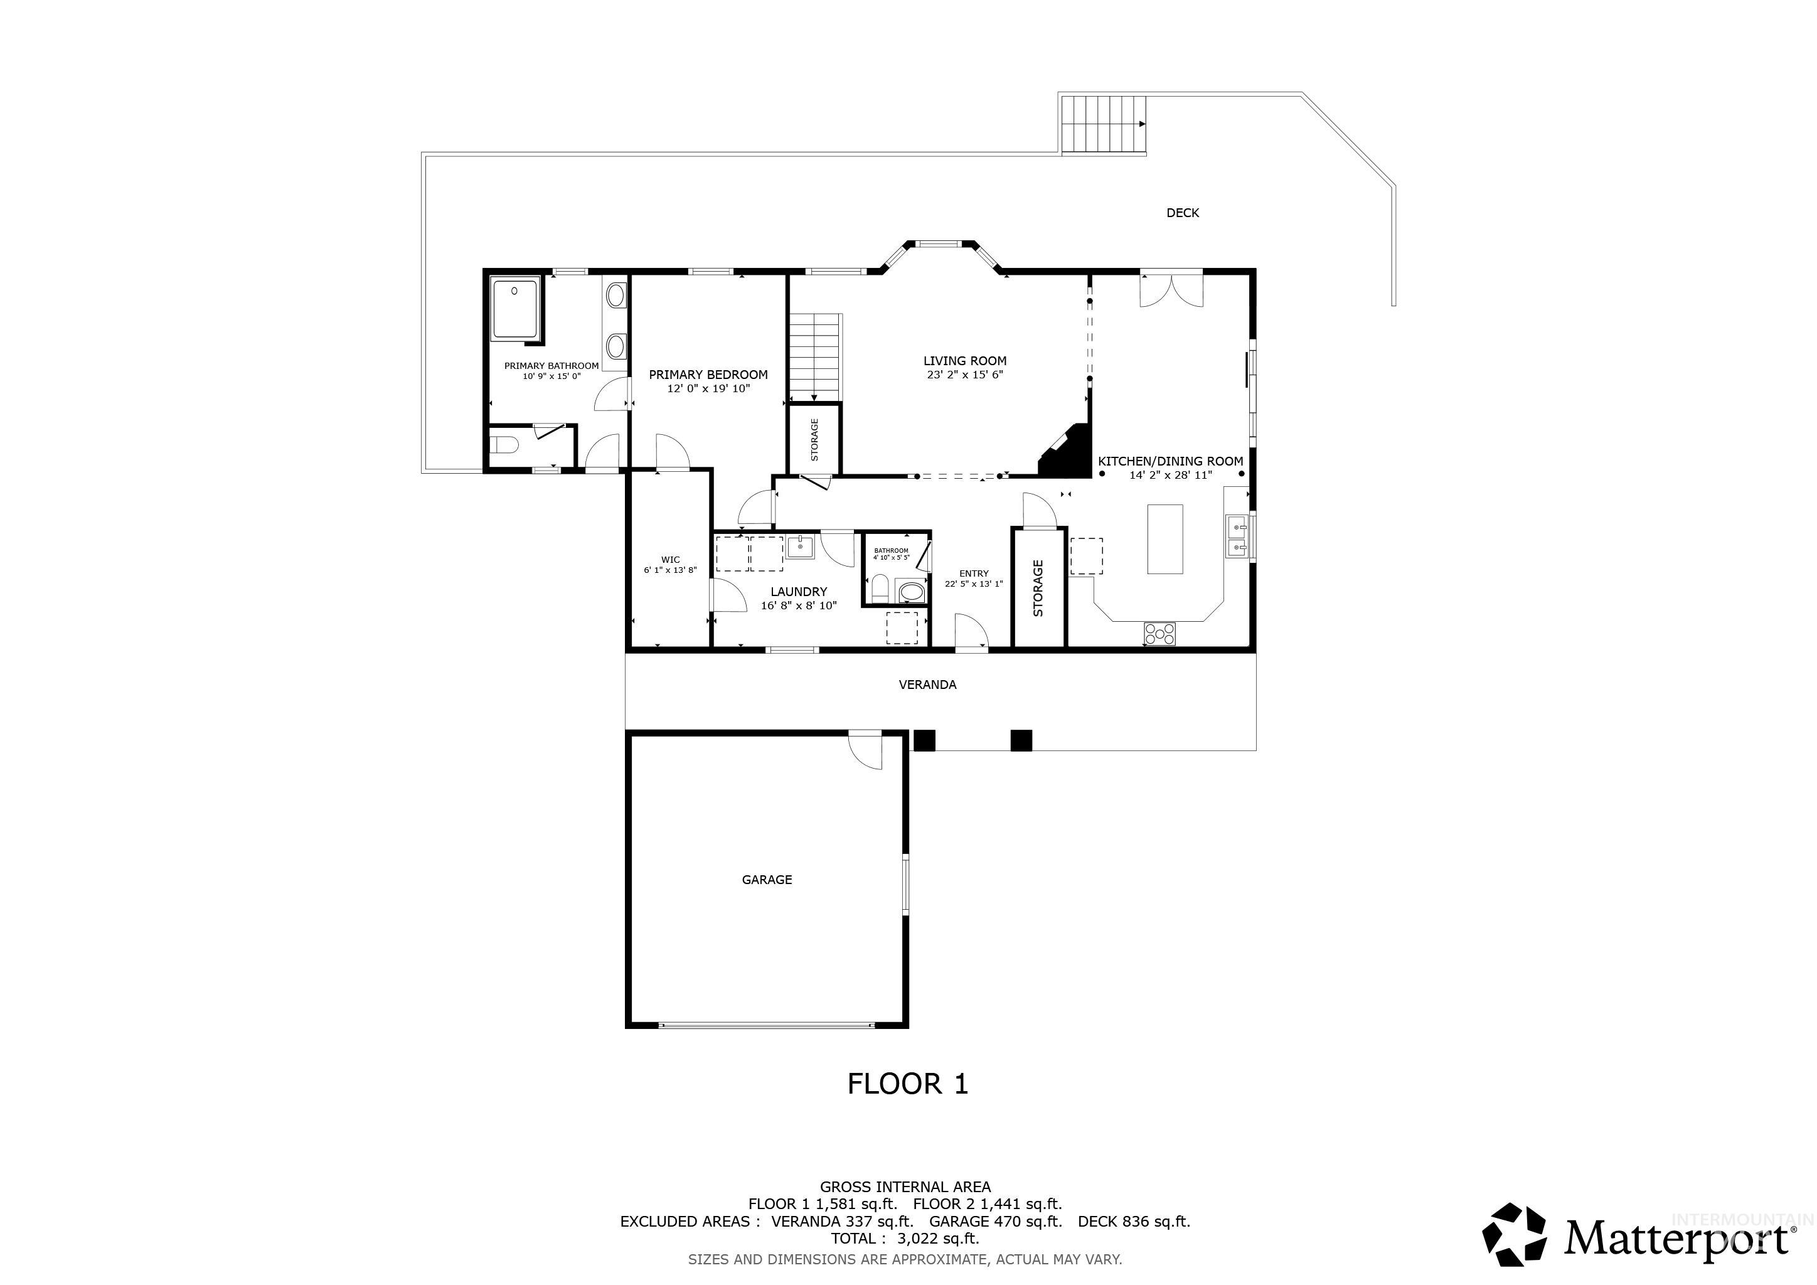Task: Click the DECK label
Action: [1182, 213]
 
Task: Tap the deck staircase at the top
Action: [1103, 124]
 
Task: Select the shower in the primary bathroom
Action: [514, 309]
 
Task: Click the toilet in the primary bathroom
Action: [503, 447]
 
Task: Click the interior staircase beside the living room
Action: [814, 356]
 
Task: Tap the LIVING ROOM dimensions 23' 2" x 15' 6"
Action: [965, 375]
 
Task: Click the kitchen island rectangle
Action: [1165, 539]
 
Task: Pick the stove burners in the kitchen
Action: [1159, 632]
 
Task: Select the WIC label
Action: [670, 560]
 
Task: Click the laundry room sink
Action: [800, 547]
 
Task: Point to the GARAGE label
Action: [767, 879]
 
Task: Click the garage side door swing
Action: [867, 752]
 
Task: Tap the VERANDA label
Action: [927, 685]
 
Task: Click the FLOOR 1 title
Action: [908, 1083]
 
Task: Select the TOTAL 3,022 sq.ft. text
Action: [905, 1239]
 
